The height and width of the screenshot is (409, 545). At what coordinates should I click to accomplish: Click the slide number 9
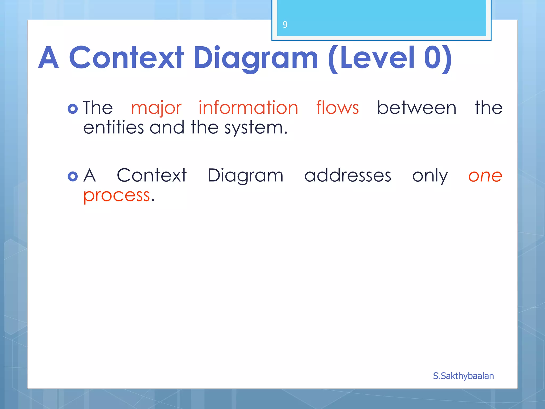pyautogui.click(x=285, y=25)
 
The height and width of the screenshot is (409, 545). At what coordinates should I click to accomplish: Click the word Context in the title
pyautogui.click(x=126, y=58)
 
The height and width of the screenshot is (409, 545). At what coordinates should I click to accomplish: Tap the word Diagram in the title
pyautogui.click(x=255, y=58)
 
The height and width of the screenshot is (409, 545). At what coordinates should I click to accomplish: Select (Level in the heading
pyautogui.click(x=371, y=58)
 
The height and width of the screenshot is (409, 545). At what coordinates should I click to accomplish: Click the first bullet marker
pyautogui.click(x=73, y=109)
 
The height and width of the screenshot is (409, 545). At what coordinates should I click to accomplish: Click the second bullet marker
pyautogui.click(x=73, y=176)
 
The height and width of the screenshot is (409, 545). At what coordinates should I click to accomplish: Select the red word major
pyautogui.click(x=156, y=108)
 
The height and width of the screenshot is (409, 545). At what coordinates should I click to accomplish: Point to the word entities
pyautogui.click(x=113, y=128)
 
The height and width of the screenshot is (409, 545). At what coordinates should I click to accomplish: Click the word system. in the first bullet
pyautogui.click(x=256, y=128)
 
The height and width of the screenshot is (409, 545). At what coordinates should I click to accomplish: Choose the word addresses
pyautogui.click(x=348, y=175)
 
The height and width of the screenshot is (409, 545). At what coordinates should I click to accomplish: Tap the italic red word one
pyautogui.click(x=485, y=176)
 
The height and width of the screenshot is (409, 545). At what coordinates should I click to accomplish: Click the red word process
pyautogui.click(x=117, y=196)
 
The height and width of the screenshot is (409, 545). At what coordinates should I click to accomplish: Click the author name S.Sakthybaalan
pyautogui.click(x=463, y=376)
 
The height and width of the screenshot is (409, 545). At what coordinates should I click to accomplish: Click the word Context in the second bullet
pyautogui.click(x=152, y=175)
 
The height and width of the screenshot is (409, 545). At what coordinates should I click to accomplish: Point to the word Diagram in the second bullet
pyautogui.click(x=245, y=176)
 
